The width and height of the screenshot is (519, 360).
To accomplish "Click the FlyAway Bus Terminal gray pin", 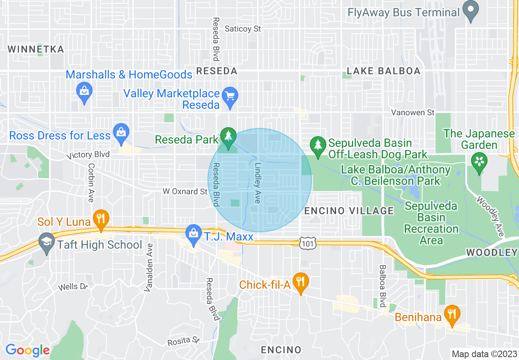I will pyautogui.click(x=471, y=11).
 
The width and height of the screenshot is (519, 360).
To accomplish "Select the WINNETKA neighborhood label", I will pyautogui.click(x=36, y=49).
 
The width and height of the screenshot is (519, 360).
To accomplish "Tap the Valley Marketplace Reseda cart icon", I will pyautogui.click(x=230, y=97).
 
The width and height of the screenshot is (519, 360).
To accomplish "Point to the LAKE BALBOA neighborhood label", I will pyautogui.click(x=384, y=71).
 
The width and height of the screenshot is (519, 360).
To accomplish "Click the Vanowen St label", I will pyautogui.click(x=413, y=112).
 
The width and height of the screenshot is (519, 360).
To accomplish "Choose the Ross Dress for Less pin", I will pyautogui.click(x=121, y=133).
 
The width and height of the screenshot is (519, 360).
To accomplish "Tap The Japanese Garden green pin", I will pyautogui.click(x=479, y=162).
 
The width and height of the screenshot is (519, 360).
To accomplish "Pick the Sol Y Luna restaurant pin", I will pyautogui.click(x=100, y=218).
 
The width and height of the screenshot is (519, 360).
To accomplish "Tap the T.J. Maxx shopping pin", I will pyautogui.click(x=193, y=234).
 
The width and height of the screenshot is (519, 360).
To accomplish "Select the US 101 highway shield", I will pyautogui.click(x=306, y=243).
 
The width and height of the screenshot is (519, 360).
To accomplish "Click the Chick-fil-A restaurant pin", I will pyautogui.click(x=301, y=282).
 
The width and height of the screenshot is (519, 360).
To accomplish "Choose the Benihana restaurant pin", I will pyautogui.click(x=452, y=315).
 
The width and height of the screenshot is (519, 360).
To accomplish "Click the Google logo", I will pyautogui.click(x=27, y=350).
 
